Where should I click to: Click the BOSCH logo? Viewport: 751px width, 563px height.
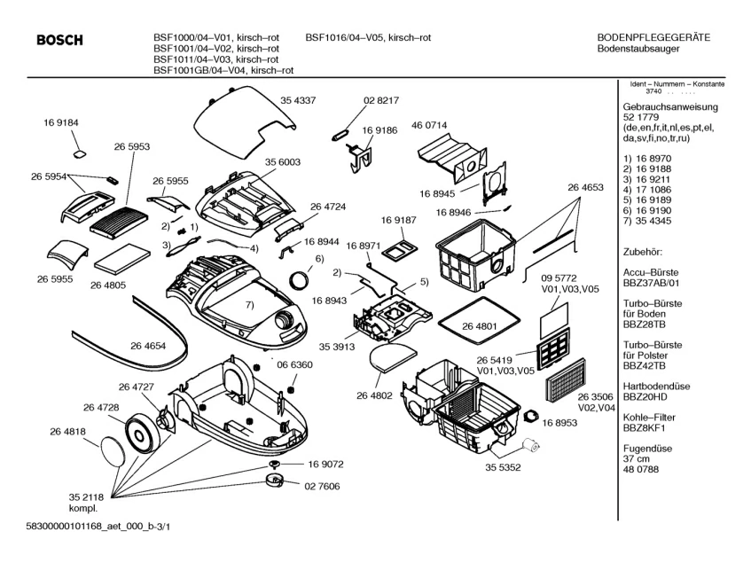coord(59,40)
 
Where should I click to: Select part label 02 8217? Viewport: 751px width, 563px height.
coord(381,101)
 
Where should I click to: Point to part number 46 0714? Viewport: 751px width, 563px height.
coord(429,126)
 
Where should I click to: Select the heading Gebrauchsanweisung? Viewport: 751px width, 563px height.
coord(671,106)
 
